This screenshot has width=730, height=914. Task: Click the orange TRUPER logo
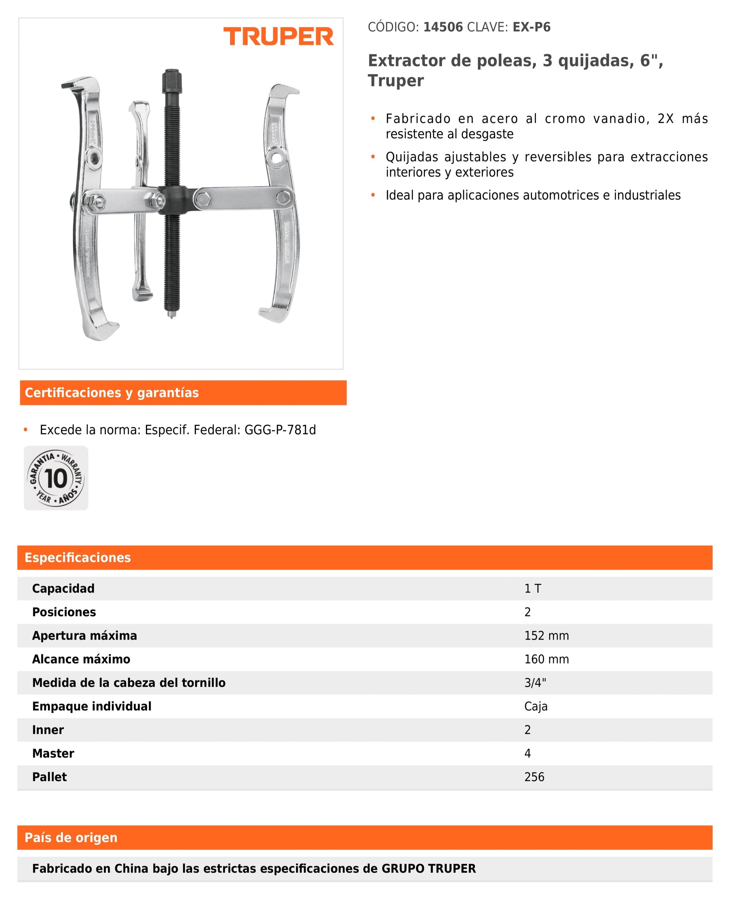coord(278,36)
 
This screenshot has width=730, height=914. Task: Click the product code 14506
coord(443,27)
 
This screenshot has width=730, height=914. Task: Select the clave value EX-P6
coord(531,27)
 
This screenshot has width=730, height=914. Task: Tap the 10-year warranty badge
coord(56,478)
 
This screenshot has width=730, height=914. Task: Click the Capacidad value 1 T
coord(533,589)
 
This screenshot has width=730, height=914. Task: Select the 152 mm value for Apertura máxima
coord(546,635)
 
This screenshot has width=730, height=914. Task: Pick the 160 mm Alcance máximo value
coord(546,659)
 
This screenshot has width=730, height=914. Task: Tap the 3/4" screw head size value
coord(535,682)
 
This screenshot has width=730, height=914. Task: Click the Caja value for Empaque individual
coord(536,706)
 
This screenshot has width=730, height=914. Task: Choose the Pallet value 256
coord(534,777)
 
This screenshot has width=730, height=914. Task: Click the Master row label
coord(53,753)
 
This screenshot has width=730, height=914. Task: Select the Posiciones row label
coord(64,612)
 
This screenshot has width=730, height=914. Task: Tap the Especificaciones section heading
coord(78,557)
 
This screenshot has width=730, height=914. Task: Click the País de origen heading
coord(71,838)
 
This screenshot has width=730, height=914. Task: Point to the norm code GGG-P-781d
coord(280,430)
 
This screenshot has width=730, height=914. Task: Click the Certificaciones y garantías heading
coord(111,393)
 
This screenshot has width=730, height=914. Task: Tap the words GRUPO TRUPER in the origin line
coord(428,869)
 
